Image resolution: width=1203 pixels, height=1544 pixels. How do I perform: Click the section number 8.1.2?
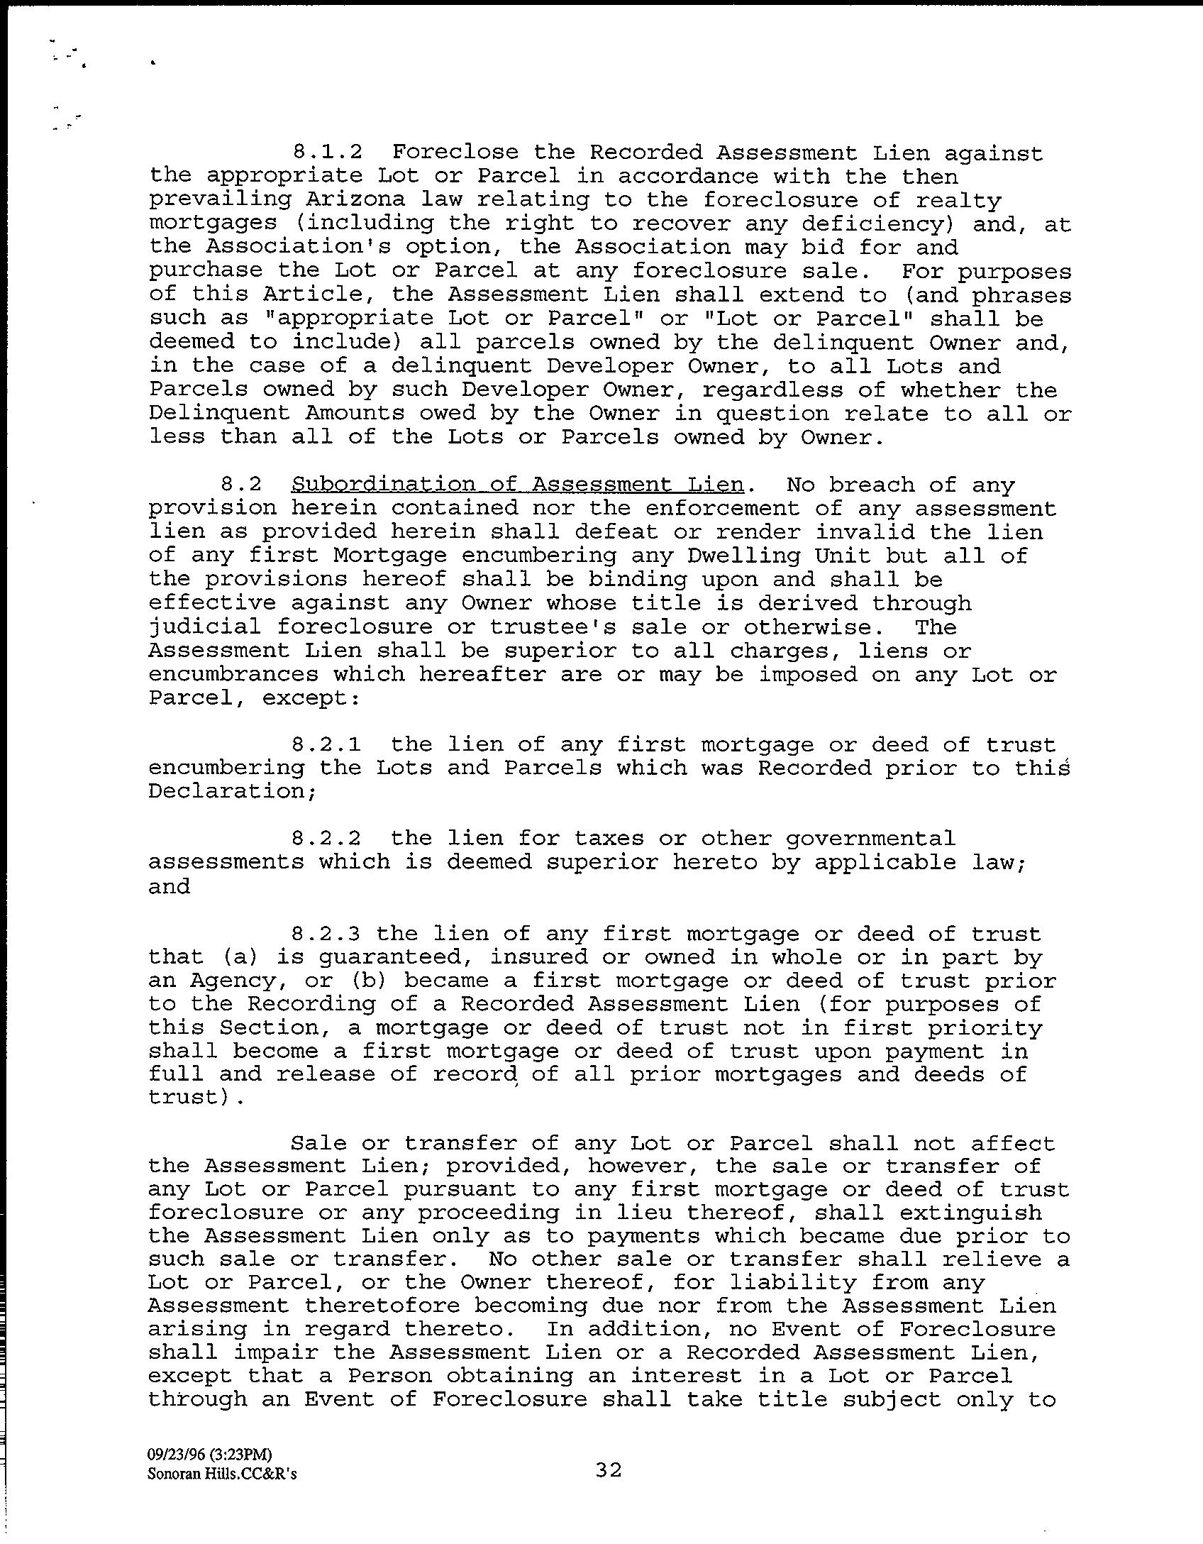(x=326, y=153)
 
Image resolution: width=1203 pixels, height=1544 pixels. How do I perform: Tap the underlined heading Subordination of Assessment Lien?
(x=517, y=485)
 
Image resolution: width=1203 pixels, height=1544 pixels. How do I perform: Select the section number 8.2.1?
(x=326, y=744)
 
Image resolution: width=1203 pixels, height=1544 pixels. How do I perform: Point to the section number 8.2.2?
(x=326, y=839)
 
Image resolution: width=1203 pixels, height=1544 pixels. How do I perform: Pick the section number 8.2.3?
(x=326, y=934)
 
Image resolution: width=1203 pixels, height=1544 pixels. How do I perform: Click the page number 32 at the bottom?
(x=609, y=1471)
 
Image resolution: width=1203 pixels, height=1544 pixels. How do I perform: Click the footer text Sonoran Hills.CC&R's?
(x=222, y=1474)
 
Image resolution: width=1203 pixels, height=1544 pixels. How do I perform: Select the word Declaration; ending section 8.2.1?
(x=232, y=791)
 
